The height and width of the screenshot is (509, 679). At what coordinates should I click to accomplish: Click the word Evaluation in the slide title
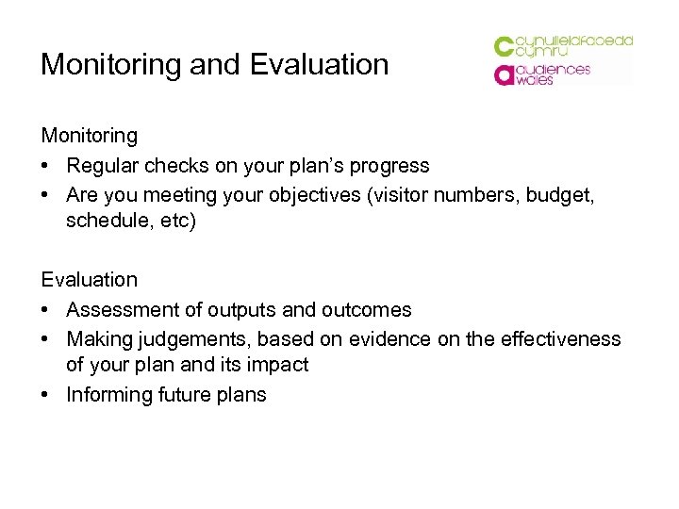[320, 65]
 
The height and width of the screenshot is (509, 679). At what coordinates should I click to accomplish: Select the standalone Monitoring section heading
[89, 136]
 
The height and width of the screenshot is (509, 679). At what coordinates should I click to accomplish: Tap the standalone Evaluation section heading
[89, 280]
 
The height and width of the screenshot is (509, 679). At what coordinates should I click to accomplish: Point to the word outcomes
[363, 309]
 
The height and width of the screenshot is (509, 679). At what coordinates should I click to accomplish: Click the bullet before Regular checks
[46, 166]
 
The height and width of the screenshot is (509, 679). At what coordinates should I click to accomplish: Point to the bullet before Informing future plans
[46, 395]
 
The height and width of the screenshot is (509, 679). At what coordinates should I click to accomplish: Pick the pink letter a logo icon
[505, 74]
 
